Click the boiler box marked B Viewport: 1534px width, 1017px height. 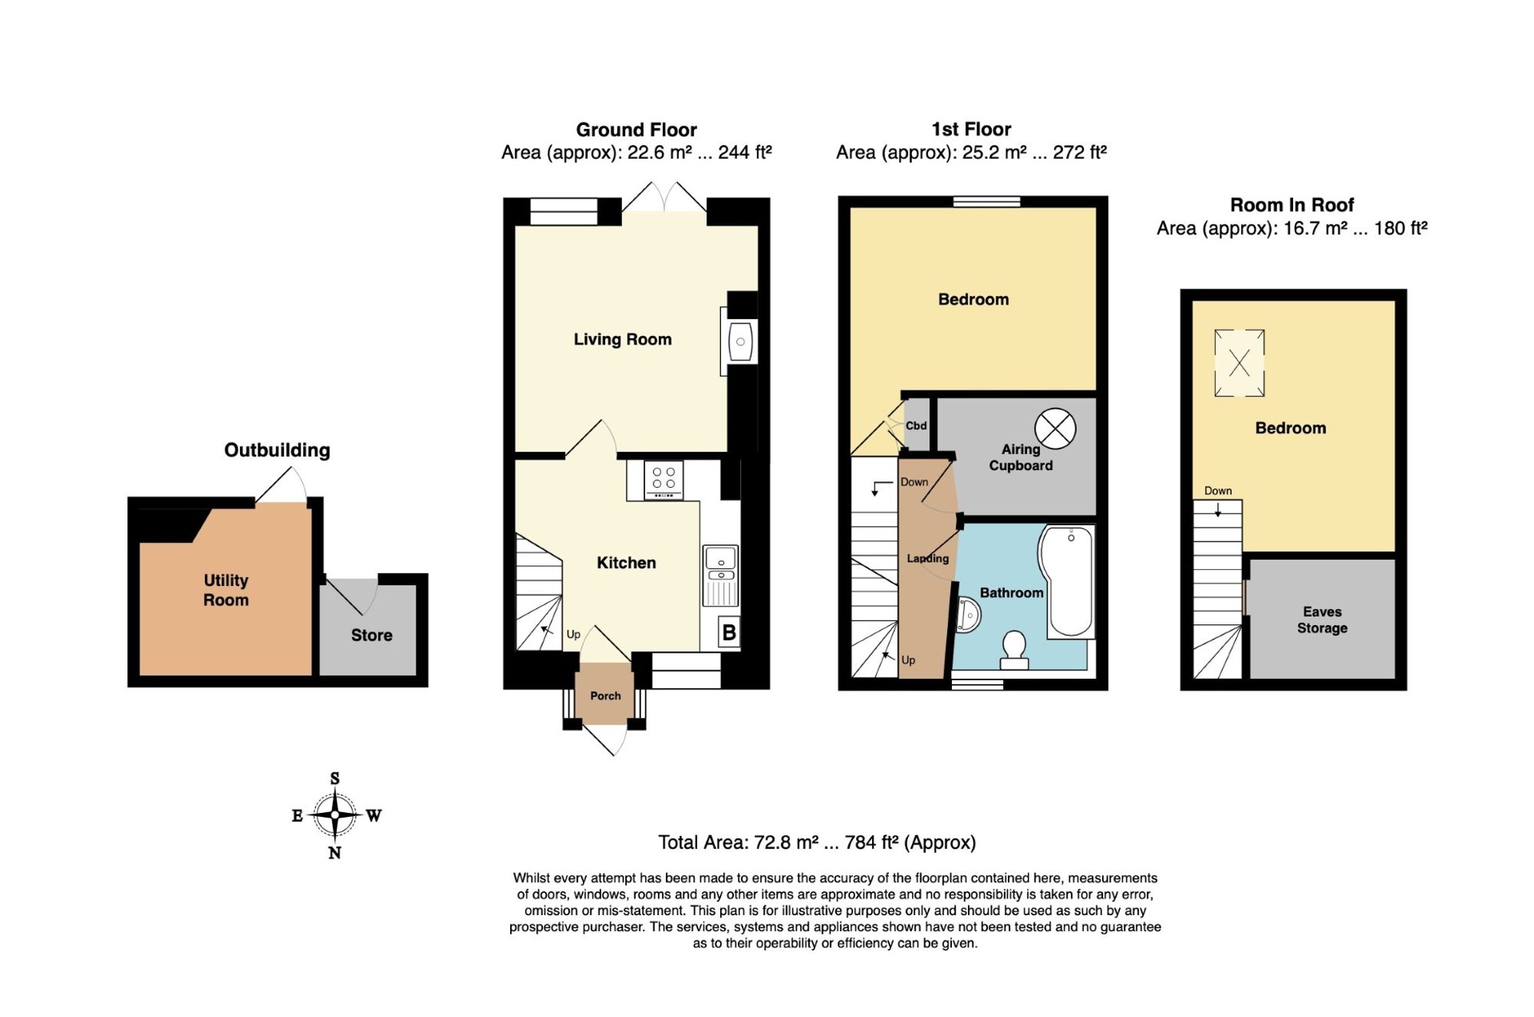[729, 633]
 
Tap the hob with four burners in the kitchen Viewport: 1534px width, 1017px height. [664, 479]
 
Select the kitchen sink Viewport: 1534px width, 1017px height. [721, 575]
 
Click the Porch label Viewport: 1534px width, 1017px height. [605, 696]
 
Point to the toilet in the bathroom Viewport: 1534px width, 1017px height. [1015, 650]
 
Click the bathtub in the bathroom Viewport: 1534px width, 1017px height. [1067, 581]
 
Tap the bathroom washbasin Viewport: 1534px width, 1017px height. [967, 615]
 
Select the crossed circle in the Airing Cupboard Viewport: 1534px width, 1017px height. [1055, 429]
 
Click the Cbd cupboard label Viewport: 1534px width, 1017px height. [916, 426]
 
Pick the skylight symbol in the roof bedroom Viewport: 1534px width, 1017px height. [1239, 363]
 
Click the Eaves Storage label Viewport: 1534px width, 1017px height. [1322, 620]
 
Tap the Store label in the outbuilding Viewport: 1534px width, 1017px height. [372, 635]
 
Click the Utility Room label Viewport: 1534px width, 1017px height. [226, 590]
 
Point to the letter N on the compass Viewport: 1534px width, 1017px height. [334, 853]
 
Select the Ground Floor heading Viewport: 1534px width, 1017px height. [637, 130]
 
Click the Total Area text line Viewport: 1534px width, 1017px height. [817, 842]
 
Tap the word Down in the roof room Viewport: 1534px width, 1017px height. [1218, 491]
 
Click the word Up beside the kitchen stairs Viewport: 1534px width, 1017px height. [573, 634]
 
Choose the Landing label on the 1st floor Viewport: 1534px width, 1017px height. [928, 558]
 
